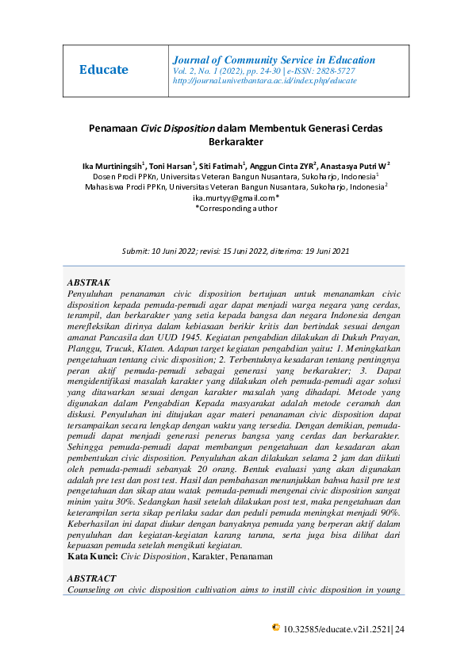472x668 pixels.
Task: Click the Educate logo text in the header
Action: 104,70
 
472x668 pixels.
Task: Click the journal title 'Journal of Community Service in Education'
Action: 274,60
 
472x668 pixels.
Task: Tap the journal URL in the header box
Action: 264,81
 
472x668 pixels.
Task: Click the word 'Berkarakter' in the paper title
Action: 235,142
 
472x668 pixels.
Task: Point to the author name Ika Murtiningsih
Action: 111,166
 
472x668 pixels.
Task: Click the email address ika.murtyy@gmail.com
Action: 234,198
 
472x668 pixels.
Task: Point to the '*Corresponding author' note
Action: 236,208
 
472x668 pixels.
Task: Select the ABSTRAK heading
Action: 89,282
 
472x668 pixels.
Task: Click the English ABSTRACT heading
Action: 92,578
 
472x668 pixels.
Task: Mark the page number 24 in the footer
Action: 400,629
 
